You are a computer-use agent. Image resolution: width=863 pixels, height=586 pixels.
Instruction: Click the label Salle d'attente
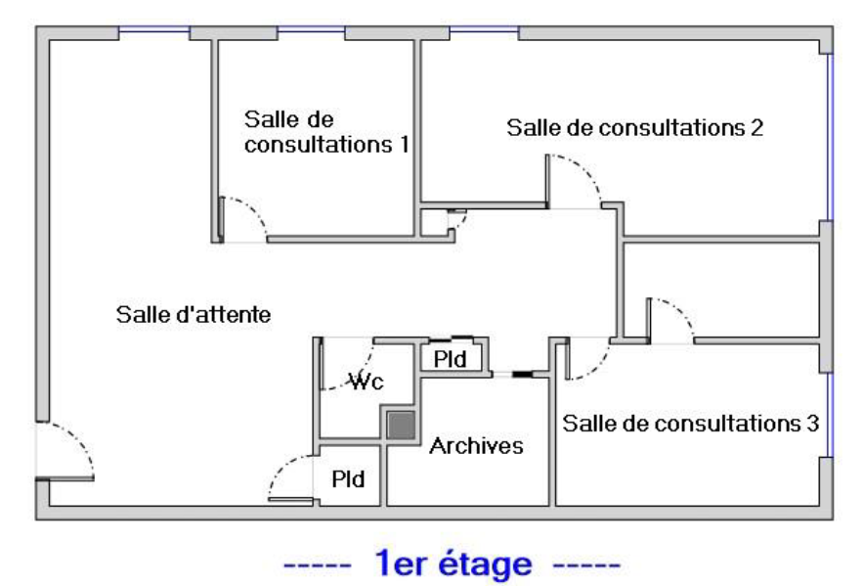(194, 315)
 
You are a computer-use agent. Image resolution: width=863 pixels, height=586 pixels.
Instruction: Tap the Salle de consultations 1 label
(325, 132)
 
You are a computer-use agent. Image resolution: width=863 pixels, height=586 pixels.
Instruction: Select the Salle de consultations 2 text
(634, 127)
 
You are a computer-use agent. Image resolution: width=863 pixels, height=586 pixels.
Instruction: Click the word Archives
(477, 446)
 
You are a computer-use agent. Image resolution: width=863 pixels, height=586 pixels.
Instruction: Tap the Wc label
(367, 381)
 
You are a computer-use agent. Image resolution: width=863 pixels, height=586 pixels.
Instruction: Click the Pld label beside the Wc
(451, 359)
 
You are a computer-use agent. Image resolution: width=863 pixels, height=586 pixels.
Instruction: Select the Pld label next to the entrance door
(348, 479)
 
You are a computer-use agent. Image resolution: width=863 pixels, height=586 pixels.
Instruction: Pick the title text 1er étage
(452, 564)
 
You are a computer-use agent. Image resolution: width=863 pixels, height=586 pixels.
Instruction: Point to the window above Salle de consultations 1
(311, 33)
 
